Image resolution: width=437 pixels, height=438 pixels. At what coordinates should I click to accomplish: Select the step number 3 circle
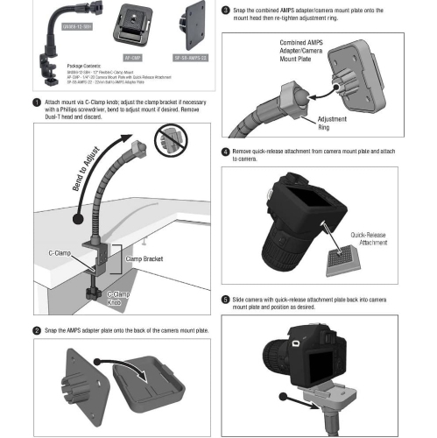pos(226,11)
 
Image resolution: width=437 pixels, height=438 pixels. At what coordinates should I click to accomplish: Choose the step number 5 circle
pos(226,299)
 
